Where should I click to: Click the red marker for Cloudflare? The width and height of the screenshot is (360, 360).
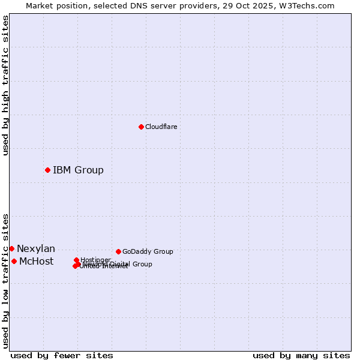click(141, 127)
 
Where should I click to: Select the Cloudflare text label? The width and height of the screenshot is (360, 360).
click(161, 127)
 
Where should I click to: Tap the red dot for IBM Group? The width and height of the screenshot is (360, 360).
click(47, 170)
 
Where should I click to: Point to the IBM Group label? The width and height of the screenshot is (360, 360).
click(78, 170)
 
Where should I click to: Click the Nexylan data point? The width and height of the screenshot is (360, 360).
click(11, 248)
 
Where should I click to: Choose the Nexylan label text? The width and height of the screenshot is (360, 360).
click(36, 249)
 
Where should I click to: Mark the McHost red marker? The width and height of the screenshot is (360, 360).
click(14, 261)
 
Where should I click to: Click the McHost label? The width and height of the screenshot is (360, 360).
click(36, 262)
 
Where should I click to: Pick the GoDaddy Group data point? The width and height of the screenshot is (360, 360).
click(118, 251)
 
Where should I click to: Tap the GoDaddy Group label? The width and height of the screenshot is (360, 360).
click(148, 252)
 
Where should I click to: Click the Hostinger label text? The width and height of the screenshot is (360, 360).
click(95, 260)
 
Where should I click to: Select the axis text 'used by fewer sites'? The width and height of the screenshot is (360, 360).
click(62, 355)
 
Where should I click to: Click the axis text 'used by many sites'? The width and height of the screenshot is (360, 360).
click(301, 355)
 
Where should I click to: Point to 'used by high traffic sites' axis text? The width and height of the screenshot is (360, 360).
click(5, 85)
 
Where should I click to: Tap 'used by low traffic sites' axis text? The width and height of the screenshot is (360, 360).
click(5, 281)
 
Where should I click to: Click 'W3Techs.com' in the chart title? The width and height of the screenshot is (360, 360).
click(310, 5)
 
